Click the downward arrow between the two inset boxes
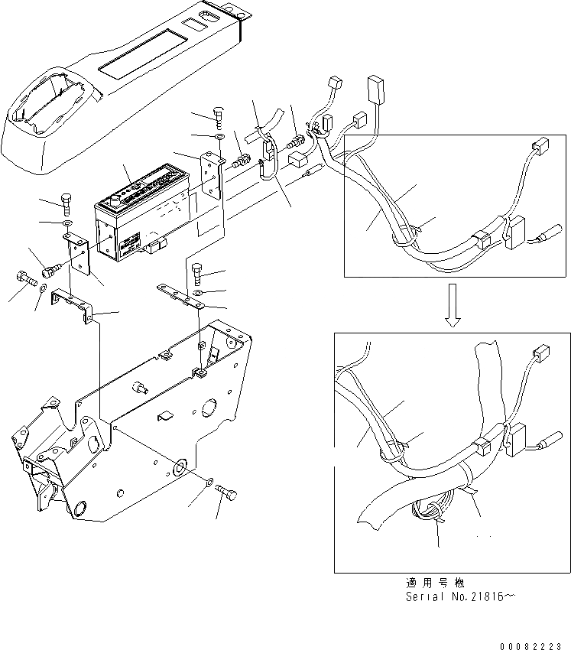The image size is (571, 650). pos(453,304)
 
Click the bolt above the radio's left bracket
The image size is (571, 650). pos(67,205)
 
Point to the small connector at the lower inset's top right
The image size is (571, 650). pos(540,353)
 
